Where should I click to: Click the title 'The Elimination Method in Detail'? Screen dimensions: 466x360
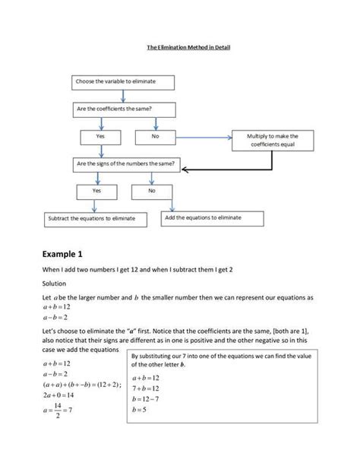[x=188, y=47]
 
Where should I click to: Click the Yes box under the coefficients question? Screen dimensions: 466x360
[x=99, y=136]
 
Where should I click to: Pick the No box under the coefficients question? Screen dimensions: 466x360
[x=155, y=136]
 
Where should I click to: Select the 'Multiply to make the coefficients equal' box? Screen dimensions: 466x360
[x=273, y=141]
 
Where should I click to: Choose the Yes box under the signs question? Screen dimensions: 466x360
[x=96, y=191]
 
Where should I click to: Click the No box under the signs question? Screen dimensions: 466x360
[x=151, y=191]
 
